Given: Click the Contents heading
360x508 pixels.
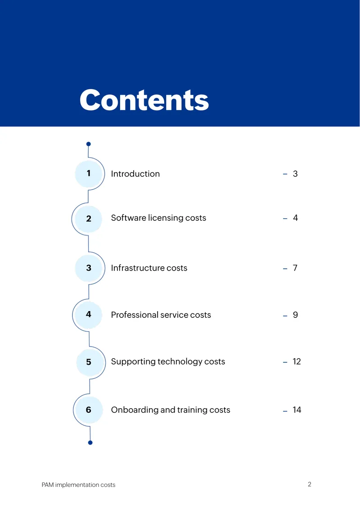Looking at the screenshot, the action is click(x=144, y=100).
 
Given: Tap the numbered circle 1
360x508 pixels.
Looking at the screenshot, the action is click(x=89, y=174).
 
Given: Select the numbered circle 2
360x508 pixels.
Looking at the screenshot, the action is click(x=89, y=218).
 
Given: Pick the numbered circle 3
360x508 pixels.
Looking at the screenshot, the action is click(x=89, y=268).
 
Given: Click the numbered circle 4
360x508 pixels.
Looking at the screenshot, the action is click(x=89, y=314).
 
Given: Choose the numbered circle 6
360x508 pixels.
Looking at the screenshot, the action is click(x=89, y=410).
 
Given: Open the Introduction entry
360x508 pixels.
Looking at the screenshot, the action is click(x=135, y=174).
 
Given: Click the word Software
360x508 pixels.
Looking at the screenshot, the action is click(x=128, y=218).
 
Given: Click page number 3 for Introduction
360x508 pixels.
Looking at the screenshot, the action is click(x=295, y=174).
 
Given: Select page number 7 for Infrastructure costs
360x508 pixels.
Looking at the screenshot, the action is click(x=295, y=268).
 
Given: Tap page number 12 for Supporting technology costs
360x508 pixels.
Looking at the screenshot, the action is click(x=297, y=361).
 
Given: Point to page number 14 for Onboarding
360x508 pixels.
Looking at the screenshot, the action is click(x=297, y=410).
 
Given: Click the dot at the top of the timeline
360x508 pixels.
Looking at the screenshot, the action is click(x=89, y=144).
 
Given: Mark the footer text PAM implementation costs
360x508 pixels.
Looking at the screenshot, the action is click(x=78, y=485).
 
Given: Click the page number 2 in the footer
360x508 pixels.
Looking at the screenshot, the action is click(x=310, y=484).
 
